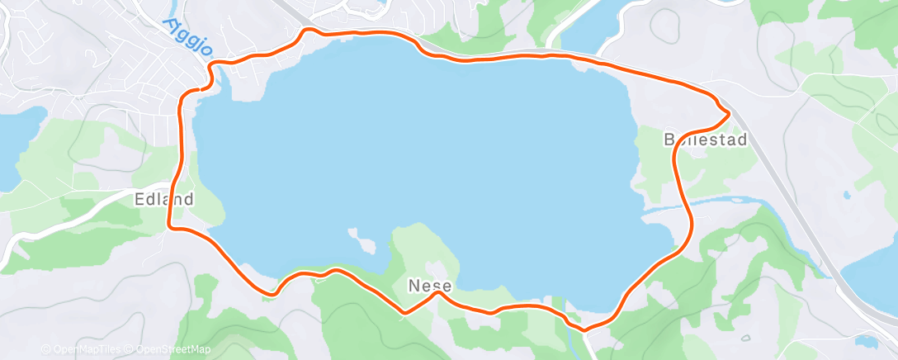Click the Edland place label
tap(164, 199)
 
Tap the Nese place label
tap(429, 286)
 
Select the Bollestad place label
tap(706, 140)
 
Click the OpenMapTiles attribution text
tap(83, 349)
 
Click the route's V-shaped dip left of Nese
tap(404, 312)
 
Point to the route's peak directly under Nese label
tap(439, 291)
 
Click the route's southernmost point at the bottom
tap(584, 330)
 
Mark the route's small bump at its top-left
tap(308, 31)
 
